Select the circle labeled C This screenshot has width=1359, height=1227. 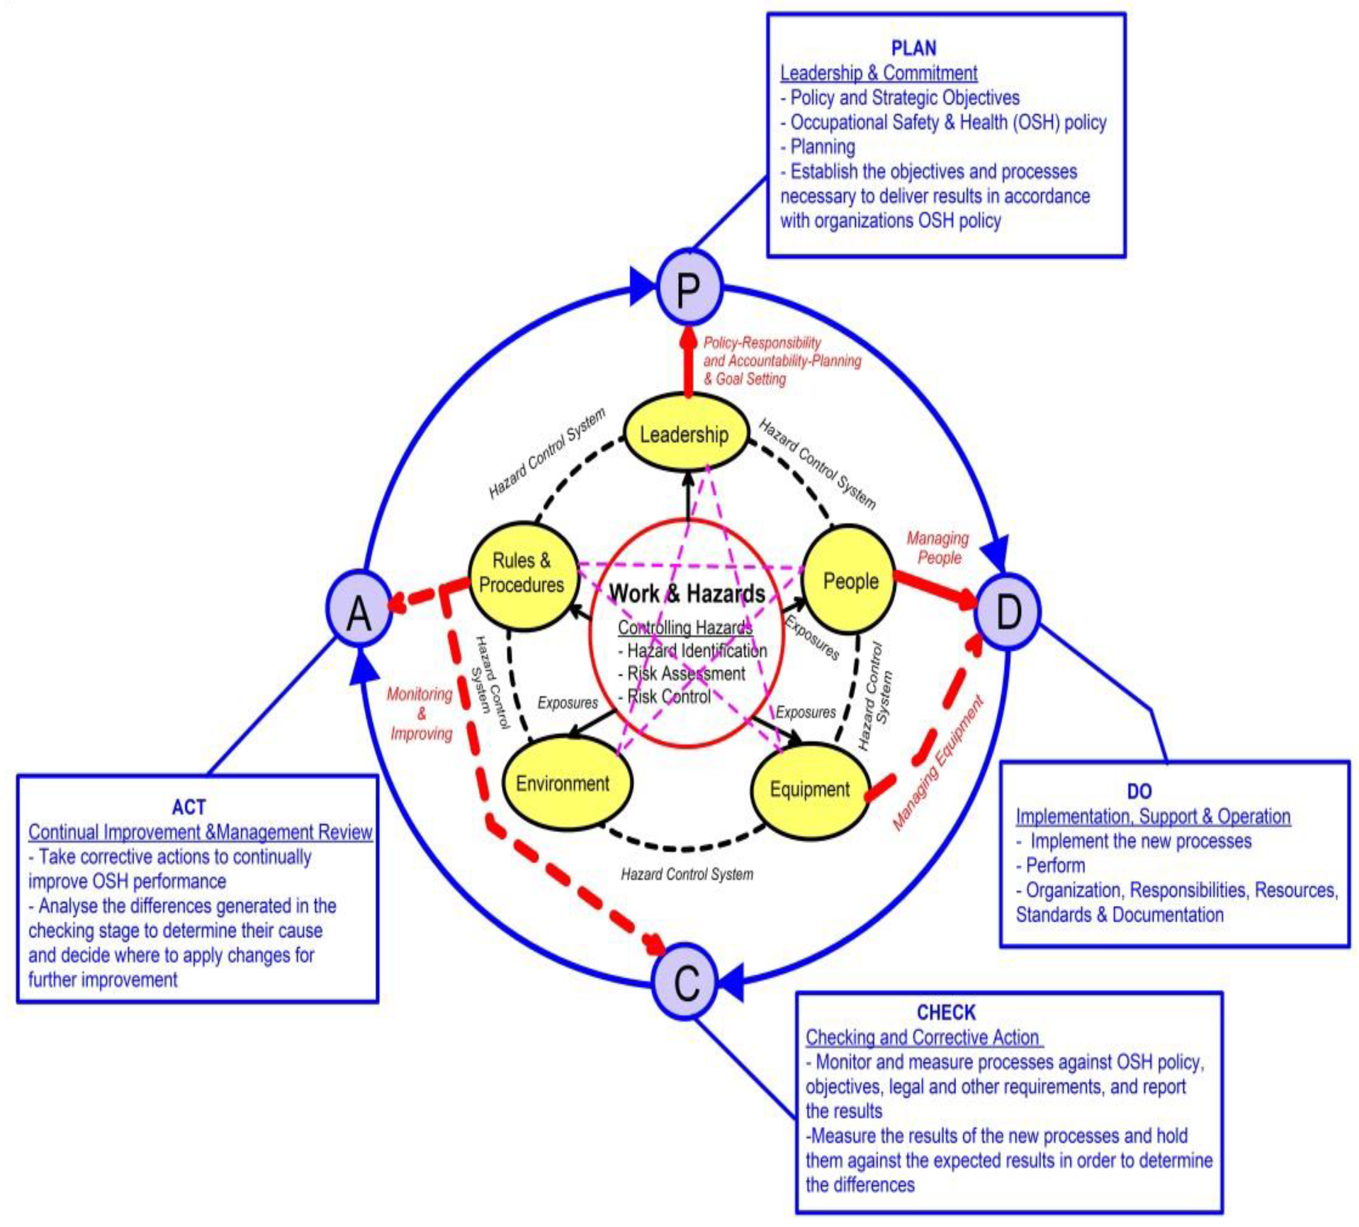click(x=686, y=981)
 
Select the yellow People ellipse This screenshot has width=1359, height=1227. click(x=851, y=580)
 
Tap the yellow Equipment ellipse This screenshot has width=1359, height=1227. click(x=810, y=789)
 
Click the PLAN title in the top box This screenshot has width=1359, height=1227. click(x=913, y=48)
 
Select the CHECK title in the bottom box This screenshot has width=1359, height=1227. click(x=946, y=1013)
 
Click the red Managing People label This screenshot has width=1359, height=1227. click(x=938, y=547)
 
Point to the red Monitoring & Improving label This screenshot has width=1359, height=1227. click(x=420, y=713)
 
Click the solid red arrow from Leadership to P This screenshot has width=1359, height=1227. click(x=688, y=364)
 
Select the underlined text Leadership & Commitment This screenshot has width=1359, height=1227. click(x=878, y=73)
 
